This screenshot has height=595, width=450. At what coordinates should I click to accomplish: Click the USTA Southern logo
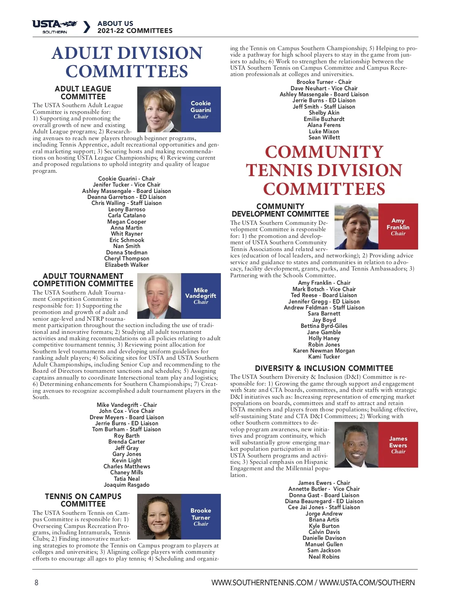pyautogui.click(x=55, y=27)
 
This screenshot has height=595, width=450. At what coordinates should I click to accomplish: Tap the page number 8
pyautogui.click(x=36, y=582)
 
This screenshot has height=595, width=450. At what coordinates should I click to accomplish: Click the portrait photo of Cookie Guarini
pyautogui.click(x=159, y=109)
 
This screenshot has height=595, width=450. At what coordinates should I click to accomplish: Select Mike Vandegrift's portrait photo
pyautogui.click(x=159, y=296)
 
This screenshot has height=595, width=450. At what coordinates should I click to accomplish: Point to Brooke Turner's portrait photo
pyautogui.click(x=159, y=517)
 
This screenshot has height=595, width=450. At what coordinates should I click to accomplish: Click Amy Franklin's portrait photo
pyautogui.click(x=356, y=227)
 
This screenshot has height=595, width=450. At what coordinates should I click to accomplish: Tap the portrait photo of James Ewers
pyautogui.click(x=356, y=445)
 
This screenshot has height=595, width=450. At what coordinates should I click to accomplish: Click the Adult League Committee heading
pyautogui.click(x=83, y=93)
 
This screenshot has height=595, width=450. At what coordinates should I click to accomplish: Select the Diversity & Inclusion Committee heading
pyautogui.click(x=324, y=368)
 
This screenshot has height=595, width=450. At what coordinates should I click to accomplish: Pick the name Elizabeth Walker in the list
pyautogui.click(x=127, y=265)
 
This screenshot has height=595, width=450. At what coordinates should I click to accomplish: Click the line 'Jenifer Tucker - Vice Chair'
pyautogui.click(x=127, y=185)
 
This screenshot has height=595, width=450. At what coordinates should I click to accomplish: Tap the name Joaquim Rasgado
pyautogui.click(x=127, y=485)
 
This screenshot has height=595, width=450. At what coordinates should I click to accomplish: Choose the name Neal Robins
pyautogui.click(x=324, y=557)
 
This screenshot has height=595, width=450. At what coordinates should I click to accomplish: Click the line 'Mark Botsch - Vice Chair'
pyautogui.click(x=324, y=289)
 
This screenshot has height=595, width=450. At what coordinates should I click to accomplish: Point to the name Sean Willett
pyautogui.click(x=324, y=138)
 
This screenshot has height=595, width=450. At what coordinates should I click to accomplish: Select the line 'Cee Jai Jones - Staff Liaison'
pyautogui.click(x=324, y=507)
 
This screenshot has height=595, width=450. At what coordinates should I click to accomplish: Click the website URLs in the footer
pyautogui.click(x=313, y=583)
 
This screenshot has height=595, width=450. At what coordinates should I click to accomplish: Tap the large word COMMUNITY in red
pyautogui.click(x=324, y=152)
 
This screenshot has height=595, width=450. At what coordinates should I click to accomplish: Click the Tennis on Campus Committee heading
pyautogui.click(x=83, y=500)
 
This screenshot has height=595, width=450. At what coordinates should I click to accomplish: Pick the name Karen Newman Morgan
pyautogui.click(x=324, y=351)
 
